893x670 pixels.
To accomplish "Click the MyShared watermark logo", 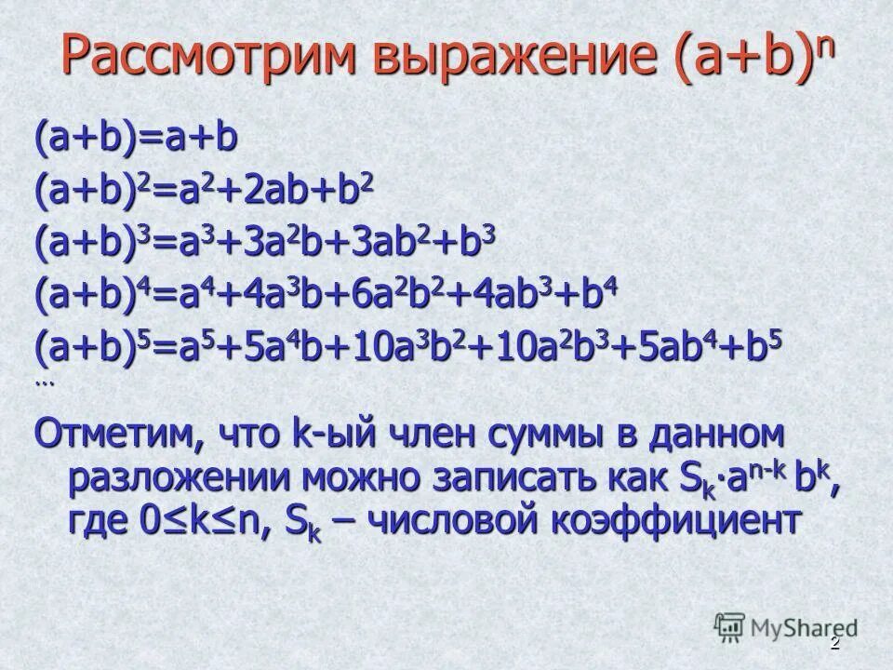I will click(786, 627).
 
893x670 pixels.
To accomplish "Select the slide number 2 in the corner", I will click(834, 645).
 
